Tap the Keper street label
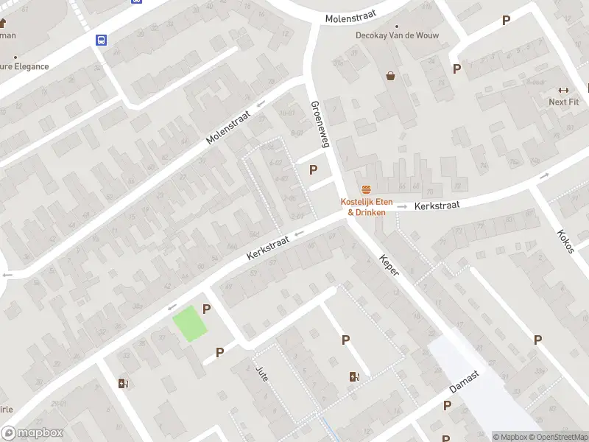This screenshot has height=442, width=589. [389, 265]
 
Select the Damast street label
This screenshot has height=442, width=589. [465, 382]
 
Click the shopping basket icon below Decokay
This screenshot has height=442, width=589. [390, 75]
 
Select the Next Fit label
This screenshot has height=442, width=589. [563, 102]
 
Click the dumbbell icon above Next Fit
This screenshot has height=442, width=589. [564, 90]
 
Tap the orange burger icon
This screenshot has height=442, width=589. [366, 190]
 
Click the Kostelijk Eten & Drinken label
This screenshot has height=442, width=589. [366, 207]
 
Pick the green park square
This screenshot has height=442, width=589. [190, 323]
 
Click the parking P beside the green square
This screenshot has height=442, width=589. [207, 310]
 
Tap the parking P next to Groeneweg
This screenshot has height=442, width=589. [314, 170]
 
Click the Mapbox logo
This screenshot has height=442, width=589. [32, 433]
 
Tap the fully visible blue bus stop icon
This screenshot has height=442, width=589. [100, 40]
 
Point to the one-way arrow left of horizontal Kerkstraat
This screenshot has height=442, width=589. [402, 207]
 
